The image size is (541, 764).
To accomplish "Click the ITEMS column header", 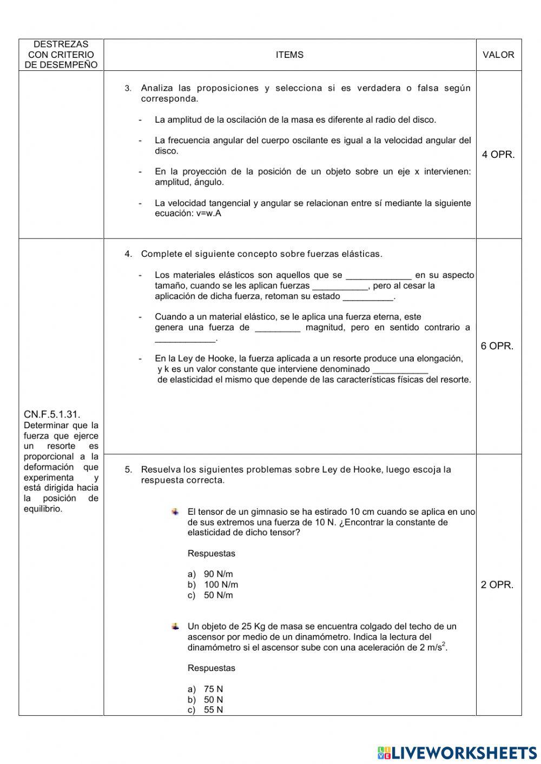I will (289, 55).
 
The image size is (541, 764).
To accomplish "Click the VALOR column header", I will (498, 55).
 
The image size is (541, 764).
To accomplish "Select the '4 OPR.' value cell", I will (498, 155).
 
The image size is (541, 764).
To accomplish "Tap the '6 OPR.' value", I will (497, 346).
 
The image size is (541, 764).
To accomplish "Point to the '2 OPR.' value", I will (497, 584).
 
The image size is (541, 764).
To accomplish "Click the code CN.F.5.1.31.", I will (52, 414).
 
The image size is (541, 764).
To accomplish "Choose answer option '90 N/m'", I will (218, 574).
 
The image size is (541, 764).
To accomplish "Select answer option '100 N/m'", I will (221, 584).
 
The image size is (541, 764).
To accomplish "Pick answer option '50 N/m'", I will (218, 595).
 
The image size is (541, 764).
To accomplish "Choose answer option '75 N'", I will (213, 689).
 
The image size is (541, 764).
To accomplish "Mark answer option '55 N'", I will (213, 710).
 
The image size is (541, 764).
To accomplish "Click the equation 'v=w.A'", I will (209, 214).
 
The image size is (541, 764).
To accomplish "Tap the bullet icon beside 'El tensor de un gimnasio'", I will (175, 511).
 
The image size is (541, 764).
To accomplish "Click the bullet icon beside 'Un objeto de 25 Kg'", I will (175, 626).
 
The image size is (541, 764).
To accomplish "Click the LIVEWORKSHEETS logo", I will (457, 753).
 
